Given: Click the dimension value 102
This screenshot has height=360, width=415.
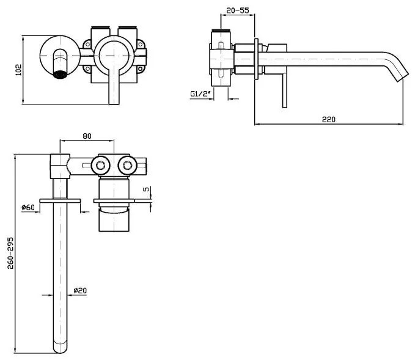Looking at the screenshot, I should click(x=18, y=70).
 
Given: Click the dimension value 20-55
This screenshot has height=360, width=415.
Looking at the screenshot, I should click(x=237, y=10).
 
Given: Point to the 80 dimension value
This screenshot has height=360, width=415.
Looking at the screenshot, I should click(x=87, y=136).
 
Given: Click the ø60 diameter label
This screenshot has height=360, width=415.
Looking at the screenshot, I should click(x=28, y=208).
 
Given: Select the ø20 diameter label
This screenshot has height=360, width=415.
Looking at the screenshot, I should click(x=79, y=290).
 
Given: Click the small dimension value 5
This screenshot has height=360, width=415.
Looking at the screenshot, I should click(x=146, y=189).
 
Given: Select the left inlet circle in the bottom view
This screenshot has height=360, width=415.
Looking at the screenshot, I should click(x=100, y=164).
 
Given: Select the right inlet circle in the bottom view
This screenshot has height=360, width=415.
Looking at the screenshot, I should click(x=127, y=164).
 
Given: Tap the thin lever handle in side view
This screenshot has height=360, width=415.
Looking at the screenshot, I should click(x=284, y=89).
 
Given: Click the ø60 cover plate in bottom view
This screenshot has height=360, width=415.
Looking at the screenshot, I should click(x=61, y=200).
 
